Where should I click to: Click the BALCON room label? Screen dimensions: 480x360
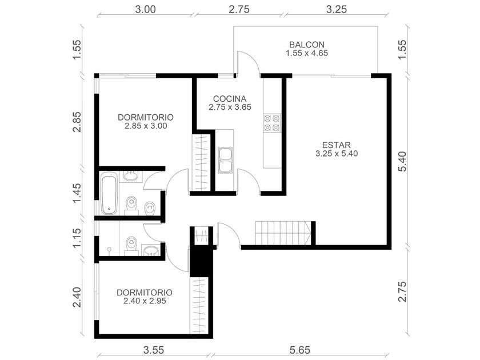[307, 45]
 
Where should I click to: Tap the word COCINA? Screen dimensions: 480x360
[230, 99]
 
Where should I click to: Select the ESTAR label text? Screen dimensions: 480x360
[337, 145]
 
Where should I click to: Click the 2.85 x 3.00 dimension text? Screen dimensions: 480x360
[146, 126]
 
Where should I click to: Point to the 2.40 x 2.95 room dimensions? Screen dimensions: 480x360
[145, 301]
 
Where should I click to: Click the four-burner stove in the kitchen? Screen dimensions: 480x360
[272, 123]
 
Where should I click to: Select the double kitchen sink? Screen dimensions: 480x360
[225, 160]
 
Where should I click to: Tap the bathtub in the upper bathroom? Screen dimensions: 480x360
[109, 193]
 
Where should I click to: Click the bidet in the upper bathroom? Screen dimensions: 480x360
[150, 209]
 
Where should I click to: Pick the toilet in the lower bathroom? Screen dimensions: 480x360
[131, 246]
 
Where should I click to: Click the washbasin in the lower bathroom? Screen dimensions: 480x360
[151, 250]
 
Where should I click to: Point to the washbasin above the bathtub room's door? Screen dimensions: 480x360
[131, 177]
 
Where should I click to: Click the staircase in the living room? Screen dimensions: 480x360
[283, 233]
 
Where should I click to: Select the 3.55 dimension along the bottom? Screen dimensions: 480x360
[154, 350]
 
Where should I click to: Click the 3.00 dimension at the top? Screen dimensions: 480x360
[145, 9]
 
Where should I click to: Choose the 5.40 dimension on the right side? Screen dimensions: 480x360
[402, 161]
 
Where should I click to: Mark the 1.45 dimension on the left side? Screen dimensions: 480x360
[77, 193]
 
